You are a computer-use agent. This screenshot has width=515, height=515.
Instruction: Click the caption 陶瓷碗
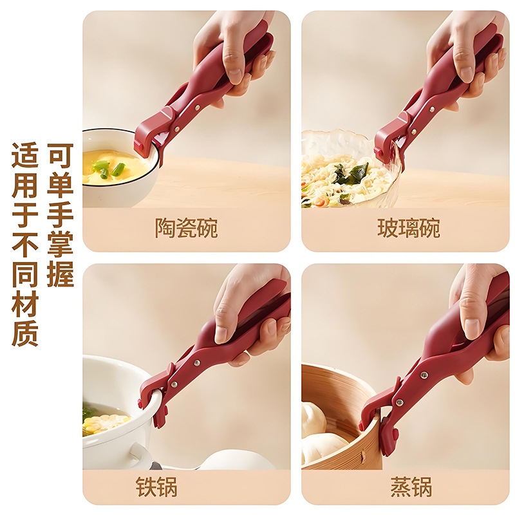pos(186,228)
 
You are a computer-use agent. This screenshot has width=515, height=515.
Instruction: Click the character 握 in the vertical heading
pos(61,274)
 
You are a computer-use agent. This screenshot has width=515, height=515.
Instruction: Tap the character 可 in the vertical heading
pos(61,156)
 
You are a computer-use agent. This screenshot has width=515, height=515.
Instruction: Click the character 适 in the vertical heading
pos(25,156)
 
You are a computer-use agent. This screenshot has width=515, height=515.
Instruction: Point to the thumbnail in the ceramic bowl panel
pos(233,66)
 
